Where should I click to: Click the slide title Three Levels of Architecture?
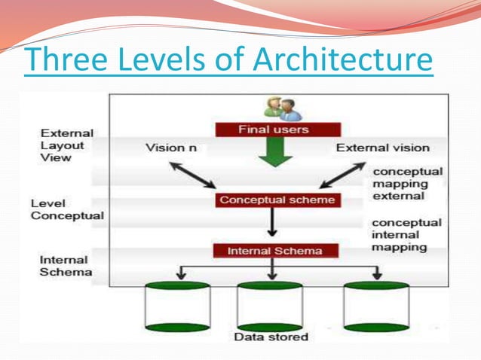(228, 60)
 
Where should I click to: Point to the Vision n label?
(171, 148)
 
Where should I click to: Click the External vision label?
(382, 148)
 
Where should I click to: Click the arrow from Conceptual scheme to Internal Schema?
(272, 224)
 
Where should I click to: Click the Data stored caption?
(271, 337)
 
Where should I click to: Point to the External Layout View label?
(67, 146)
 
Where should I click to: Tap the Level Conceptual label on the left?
(66, 210)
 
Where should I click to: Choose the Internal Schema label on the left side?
(67, 265)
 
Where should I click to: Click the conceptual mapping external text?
(408, 183)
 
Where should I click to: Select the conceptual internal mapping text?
(407, 235)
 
